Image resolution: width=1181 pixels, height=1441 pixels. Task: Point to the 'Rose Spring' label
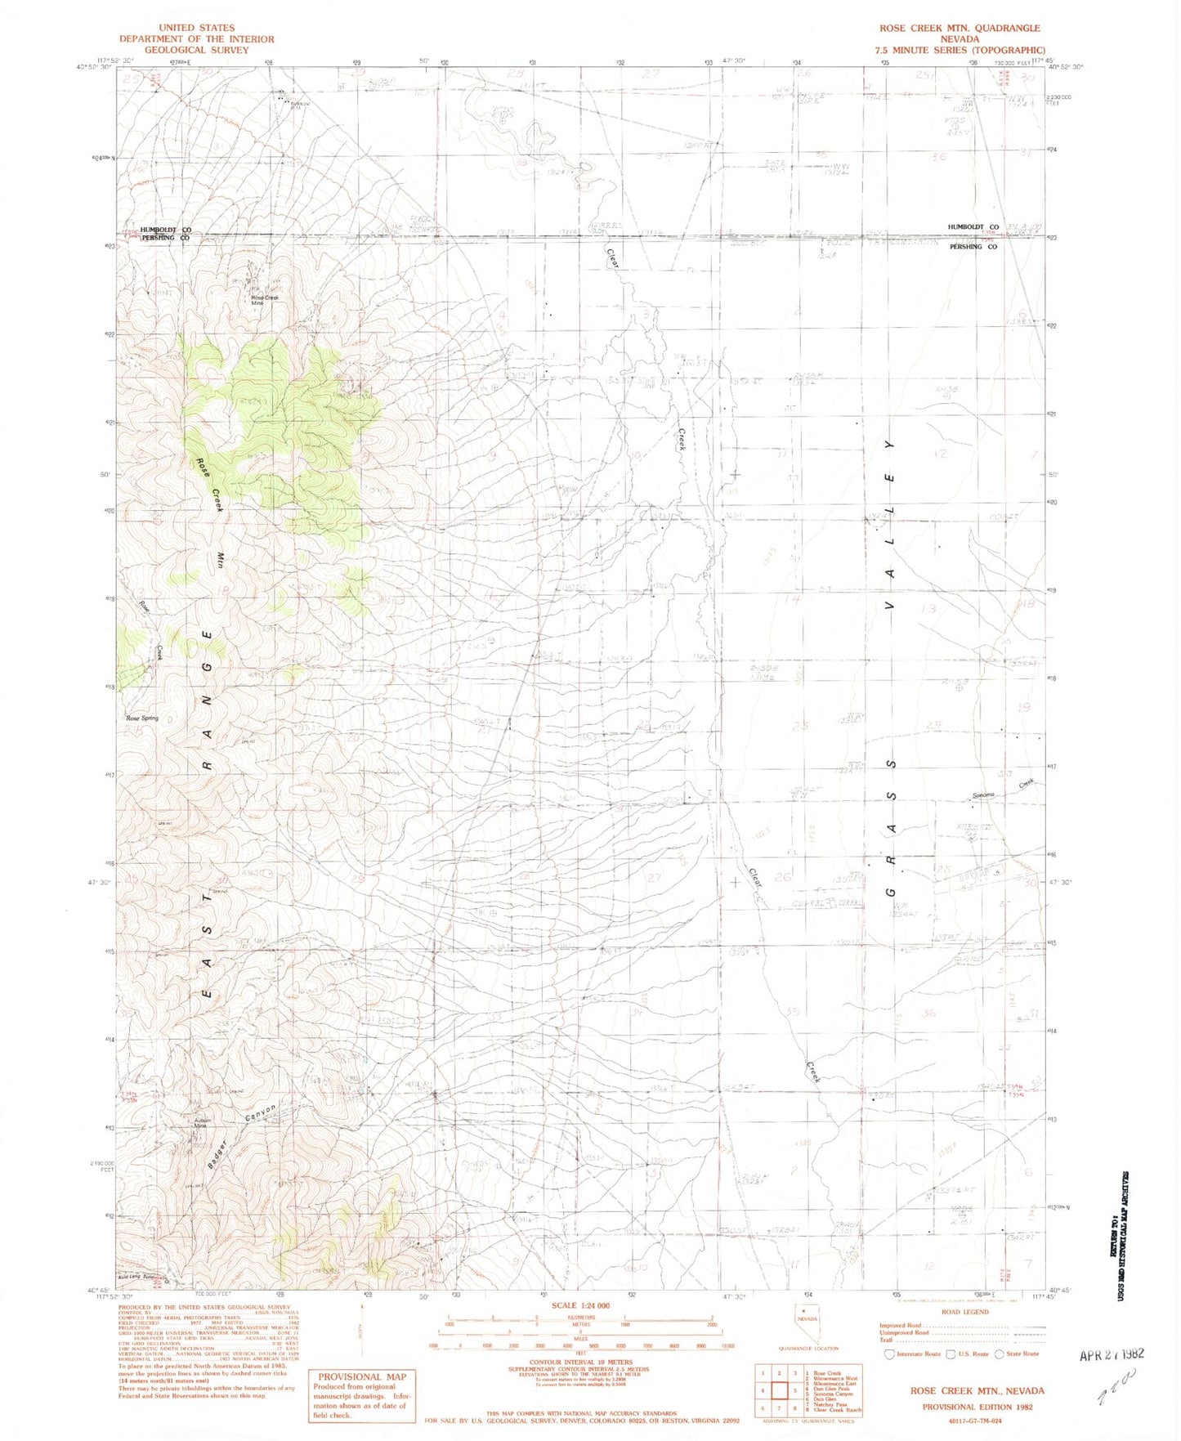coord(142,718)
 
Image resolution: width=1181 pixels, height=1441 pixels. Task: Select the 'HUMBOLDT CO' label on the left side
coord(165,230)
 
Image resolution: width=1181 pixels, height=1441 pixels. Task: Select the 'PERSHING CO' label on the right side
coord(973,246)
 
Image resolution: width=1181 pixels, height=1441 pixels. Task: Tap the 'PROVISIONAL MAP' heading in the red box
coord(361,1377)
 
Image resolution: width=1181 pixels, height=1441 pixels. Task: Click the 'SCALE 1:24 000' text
coord(581,1305)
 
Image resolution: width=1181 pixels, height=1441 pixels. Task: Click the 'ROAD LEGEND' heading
coord(964,1312)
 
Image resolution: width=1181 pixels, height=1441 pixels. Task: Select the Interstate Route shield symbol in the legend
coord(890,1354)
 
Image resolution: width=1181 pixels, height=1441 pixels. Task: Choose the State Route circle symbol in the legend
coord(999,1354)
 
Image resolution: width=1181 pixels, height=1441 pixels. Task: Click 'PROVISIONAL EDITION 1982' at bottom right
coord(977,1407)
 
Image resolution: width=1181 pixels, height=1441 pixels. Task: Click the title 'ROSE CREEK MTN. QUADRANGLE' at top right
coord(960,28)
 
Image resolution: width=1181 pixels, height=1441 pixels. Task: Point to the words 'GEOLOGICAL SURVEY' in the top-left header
coord(196,50)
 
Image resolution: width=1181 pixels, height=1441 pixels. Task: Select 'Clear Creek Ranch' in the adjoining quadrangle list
coord(837,1410)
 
